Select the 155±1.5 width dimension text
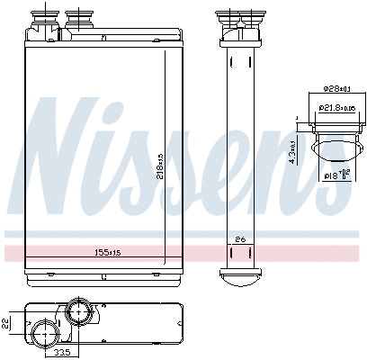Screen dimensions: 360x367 pos(112,252)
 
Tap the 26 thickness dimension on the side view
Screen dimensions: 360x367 pos(239,238)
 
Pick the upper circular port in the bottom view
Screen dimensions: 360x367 pos(77,314)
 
